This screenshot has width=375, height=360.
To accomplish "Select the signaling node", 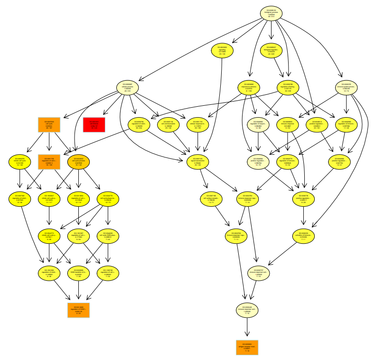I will point(222,51).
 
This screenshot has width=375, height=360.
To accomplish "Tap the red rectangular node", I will point(94,125).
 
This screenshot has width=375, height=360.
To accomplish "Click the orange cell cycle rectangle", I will point(49,125).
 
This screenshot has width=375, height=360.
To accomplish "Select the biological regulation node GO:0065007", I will point(271,51).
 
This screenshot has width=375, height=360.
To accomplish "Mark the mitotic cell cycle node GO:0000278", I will point(19,162).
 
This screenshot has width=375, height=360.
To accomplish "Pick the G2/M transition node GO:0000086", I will point(78,272).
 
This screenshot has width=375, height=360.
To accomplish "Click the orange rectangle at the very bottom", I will point(247,347).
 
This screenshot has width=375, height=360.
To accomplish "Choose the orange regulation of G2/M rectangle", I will point(78,309).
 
